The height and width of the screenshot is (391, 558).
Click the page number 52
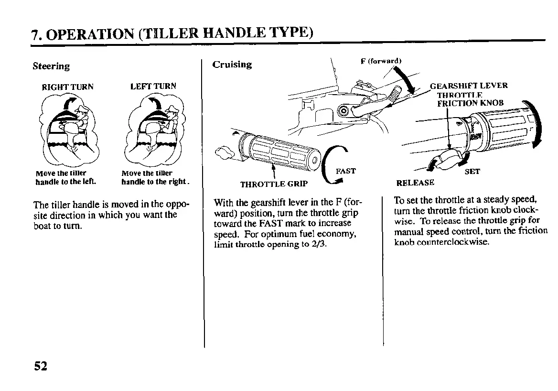41,366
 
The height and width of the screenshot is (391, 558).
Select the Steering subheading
51,66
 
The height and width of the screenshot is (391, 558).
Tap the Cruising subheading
232,65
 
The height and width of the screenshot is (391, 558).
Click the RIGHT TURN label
68,87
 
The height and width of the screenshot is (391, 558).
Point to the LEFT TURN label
153,86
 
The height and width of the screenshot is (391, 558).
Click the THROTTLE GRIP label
274,184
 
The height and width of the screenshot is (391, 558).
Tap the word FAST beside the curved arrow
346,171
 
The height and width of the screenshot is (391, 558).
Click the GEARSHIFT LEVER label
469,86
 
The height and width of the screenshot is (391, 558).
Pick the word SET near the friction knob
472,172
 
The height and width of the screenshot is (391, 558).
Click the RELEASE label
416,183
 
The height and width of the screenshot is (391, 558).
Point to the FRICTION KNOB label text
471,103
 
